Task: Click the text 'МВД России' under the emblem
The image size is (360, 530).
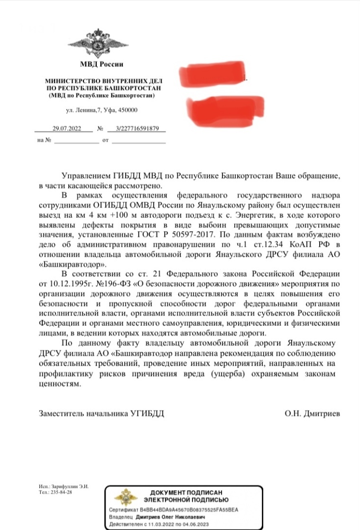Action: pos(102,64)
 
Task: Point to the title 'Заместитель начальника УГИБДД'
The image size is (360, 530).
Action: pos(102,413)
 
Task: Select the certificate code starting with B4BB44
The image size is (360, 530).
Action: pos(190,510)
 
